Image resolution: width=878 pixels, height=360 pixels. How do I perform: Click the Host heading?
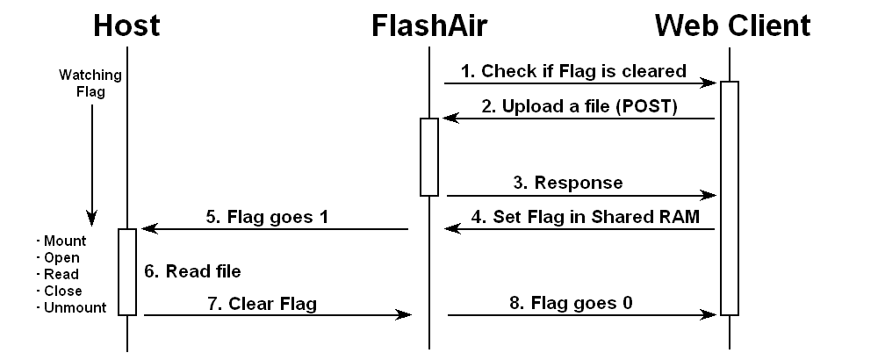point(126,25)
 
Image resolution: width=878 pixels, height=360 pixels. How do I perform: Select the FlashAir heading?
point(428,25)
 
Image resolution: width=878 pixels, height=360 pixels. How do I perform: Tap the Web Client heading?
point(732,25)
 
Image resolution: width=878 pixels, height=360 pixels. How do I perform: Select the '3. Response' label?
point(569,183)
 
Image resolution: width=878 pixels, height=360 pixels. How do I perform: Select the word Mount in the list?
point(61,241)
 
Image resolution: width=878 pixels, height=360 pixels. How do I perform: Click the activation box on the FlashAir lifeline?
point(428,156)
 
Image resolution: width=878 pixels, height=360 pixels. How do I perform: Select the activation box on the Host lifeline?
point(127,270)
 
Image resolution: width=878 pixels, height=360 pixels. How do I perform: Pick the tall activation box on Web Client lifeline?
point(729,198)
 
